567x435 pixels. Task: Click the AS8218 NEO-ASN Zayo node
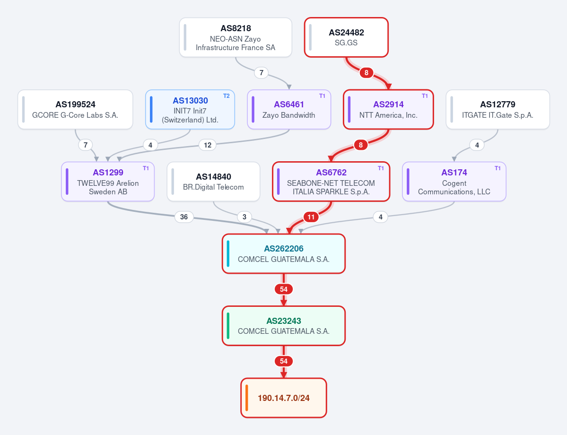coord(236,38)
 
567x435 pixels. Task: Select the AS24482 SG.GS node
coord(346,38)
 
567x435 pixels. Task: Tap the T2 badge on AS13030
coord(227,96)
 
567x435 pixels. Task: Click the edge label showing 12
coord(208,145)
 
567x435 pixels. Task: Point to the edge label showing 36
coord(184,217)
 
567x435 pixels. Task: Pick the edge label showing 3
coord(244,217)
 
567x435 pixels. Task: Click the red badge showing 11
coord(311,217)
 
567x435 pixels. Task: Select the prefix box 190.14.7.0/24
coord(284,398)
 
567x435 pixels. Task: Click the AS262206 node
coord(284,254)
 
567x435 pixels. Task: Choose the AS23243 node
coord(284,326)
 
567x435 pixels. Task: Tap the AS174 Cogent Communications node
coord(454,182)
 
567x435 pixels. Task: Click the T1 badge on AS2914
coord(425,96)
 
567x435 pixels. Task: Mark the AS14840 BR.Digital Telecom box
coord(213,182)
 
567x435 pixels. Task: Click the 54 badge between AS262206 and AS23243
coord(284,289)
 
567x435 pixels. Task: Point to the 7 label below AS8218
coord(262,73)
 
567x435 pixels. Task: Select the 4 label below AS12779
coord(477,145)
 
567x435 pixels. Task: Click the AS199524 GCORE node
coord(75,110)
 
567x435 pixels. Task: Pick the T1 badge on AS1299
coord(146,168)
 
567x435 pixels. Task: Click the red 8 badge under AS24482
coord(366,73)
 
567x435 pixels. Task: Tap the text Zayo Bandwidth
coord(288,115)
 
